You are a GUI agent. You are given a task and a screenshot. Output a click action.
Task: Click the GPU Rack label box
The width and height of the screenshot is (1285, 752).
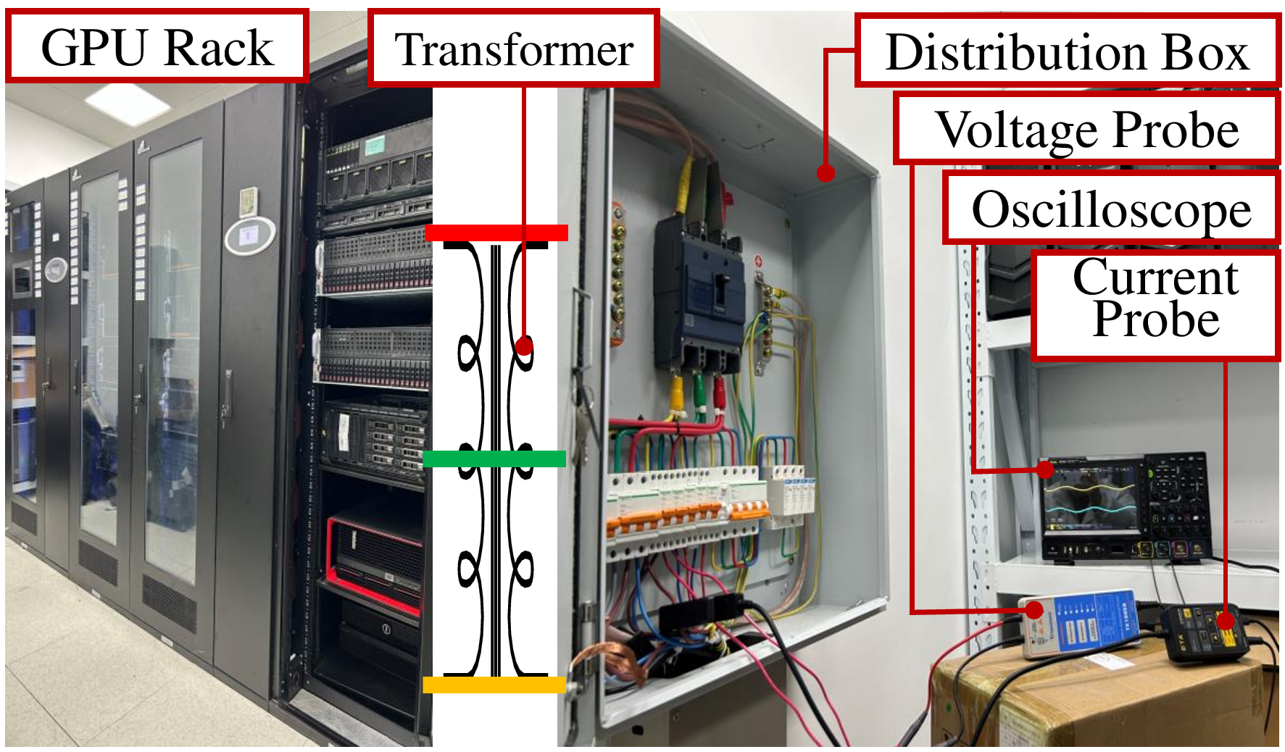(x=157, y=46)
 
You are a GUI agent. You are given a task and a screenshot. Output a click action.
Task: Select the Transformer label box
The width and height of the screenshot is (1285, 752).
(x=514, y=49)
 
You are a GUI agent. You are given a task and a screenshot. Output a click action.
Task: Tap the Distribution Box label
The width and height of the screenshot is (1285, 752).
(x=1067, y=51)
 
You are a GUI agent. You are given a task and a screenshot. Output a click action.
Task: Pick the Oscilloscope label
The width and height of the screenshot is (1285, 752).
(x=1111, y=209)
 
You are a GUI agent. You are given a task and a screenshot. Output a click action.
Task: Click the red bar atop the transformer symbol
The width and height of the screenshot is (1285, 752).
(x=496, y=233)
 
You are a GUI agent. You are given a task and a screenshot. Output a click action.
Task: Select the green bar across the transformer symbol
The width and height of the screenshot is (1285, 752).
(x=494, y=459)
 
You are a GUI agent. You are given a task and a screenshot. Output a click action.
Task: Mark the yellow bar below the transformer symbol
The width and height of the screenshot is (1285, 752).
(x=494, y=685)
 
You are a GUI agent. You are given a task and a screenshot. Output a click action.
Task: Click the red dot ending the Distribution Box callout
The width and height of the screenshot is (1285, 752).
(x=826, y=173)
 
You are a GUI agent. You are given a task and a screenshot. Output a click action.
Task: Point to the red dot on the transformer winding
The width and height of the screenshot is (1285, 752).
(x=525, y=346)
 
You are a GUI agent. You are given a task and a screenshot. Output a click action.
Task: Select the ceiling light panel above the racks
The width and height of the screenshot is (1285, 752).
(x=128, y=104)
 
